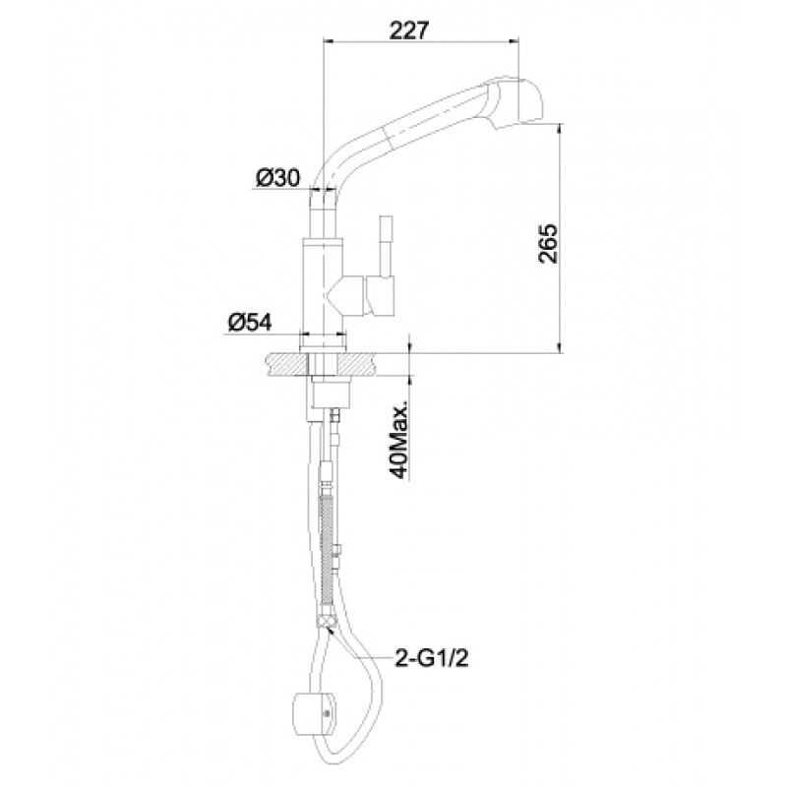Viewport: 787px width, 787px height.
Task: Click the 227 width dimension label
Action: (x=409, y=30)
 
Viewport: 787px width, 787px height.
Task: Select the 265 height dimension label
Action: (x=548, y=243)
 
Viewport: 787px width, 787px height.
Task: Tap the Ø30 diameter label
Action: (x=277, y=177)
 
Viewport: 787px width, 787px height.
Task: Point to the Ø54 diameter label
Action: (x=250, y=322)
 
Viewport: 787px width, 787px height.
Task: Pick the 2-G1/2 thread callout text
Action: (x=432, y=658)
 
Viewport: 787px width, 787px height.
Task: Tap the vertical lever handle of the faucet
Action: (x=385, y=246)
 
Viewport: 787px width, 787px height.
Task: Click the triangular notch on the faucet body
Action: (x=335, y=295)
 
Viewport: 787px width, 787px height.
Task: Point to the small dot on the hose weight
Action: (x=328, y=712)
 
